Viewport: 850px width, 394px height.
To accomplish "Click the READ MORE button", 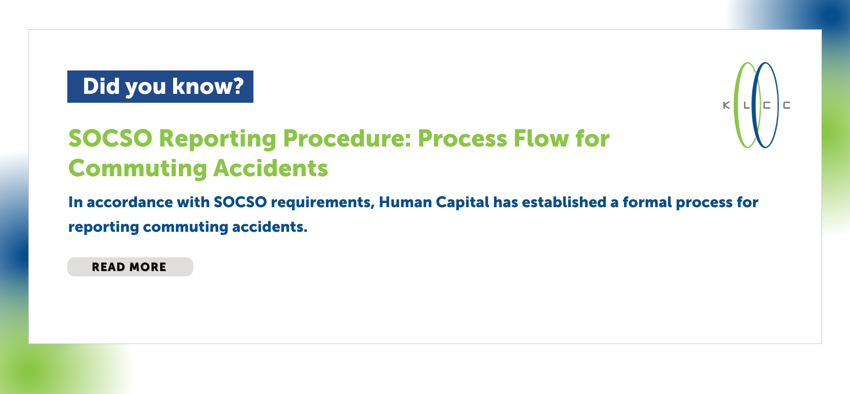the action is pyautogui.click(x=130, y=267).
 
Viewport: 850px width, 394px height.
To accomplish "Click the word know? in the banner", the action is pyautogui.click(x=208, y=86).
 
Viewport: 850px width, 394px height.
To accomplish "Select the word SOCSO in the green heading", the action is pyautogui.click(x=110, y=138).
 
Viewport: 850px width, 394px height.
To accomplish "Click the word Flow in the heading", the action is pyautogui.click(x=541, y=138).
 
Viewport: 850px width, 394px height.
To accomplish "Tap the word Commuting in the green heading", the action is pyautogui.click(x=138, y=169).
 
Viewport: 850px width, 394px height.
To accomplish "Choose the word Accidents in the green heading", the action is pyautogui.click(x=271, y=168).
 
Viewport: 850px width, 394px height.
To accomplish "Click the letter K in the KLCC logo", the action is pyautogui.click(x=727, y=105).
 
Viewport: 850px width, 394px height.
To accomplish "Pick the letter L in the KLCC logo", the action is pyautogui.click(x=747, y=105).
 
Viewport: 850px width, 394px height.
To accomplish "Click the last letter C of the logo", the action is pyautogui.click(x=787, y=105).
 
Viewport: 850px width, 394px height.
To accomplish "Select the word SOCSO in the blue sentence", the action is pyautogui.click(x=240, y=202).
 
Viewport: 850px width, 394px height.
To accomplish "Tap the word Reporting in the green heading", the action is pyautogui.click(x=218, y=139).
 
